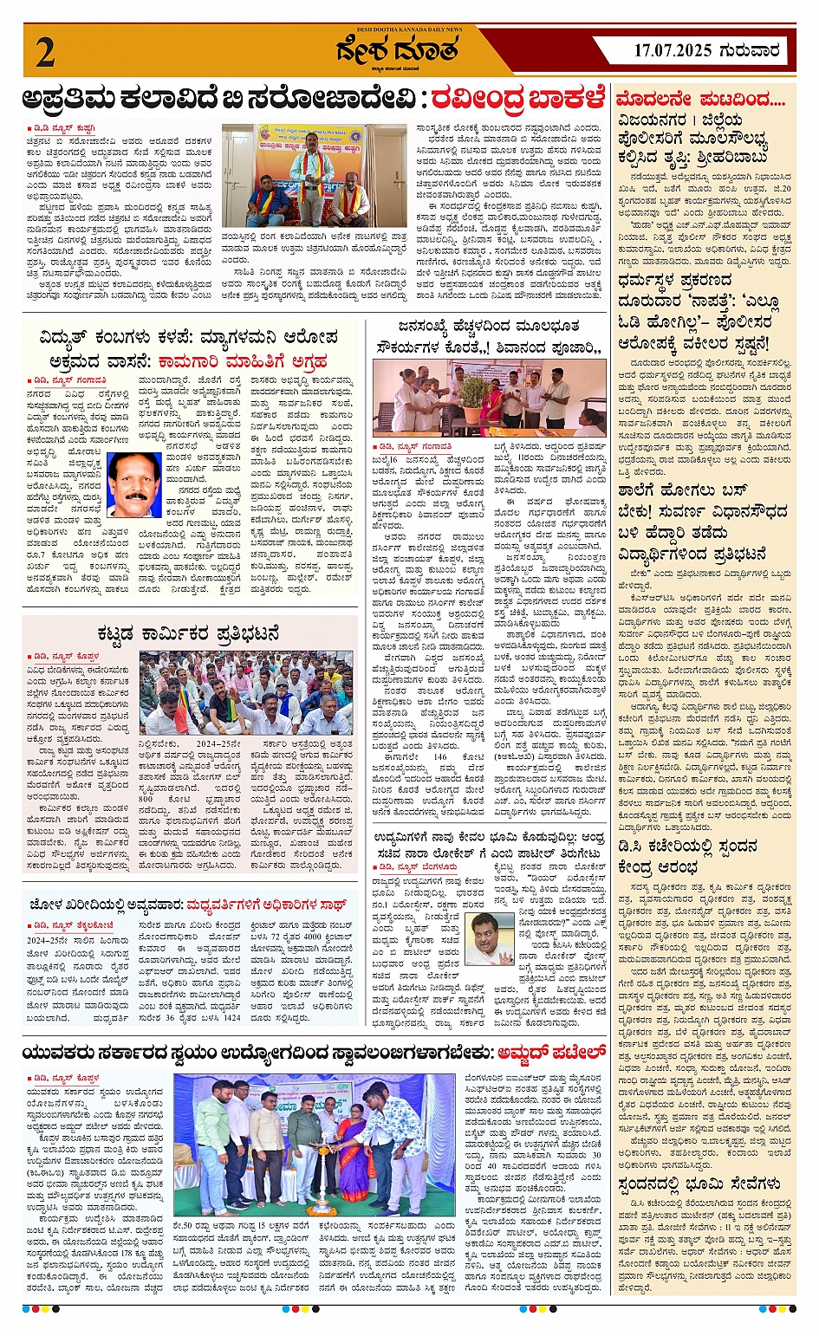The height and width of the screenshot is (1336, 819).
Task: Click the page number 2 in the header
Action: click(46, 52)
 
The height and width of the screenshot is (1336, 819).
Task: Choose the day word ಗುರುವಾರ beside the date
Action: click(751, 51)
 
